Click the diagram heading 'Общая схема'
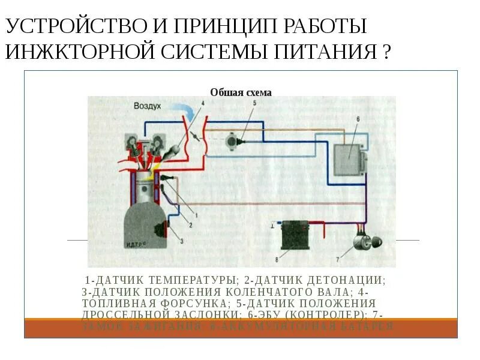[x=241, y=92]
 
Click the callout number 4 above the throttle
[x=202, y=103]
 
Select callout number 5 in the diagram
[x=254, y=103]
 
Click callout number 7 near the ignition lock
[x=337, y=259]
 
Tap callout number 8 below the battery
[x=277, y=259]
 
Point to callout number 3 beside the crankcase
[x=181, y=239]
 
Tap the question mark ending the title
[x=386, y=53]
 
